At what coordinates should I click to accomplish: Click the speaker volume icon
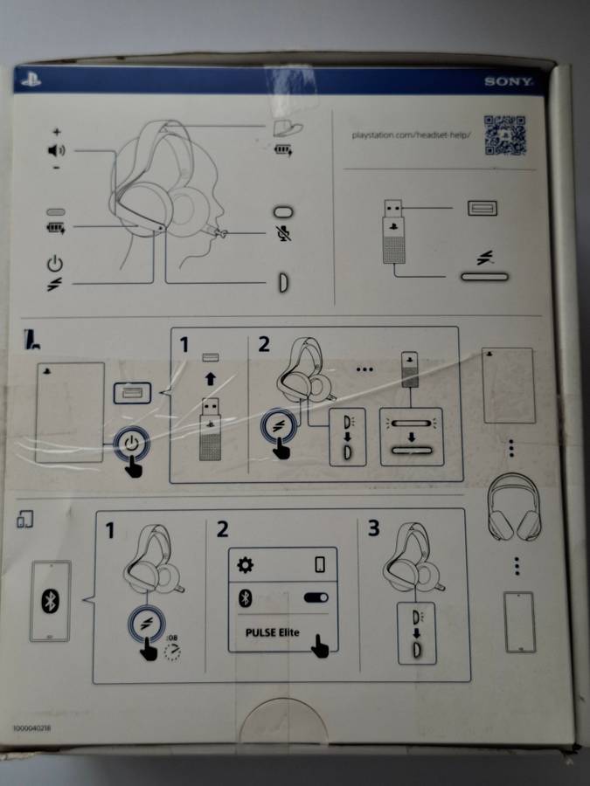56,151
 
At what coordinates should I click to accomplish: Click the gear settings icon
246,565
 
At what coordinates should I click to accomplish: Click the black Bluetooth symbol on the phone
50,601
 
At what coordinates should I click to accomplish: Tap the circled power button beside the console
131,444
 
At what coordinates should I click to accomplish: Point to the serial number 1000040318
33,727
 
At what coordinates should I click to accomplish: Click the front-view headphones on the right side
517,507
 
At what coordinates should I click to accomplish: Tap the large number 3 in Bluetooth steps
373,530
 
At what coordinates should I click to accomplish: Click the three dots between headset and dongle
364,369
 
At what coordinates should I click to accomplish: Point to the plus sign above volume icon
56,133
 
